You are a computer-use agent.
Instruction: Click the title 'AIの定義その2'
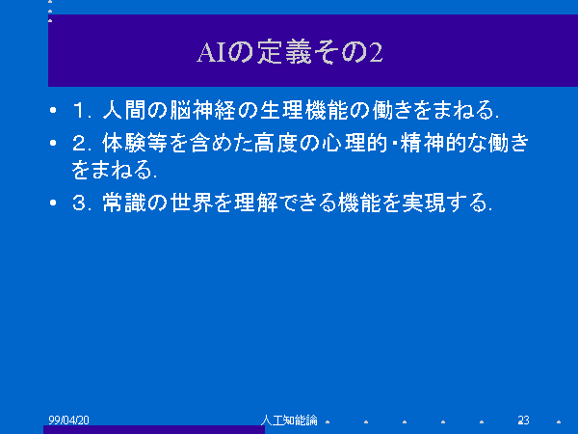[290, 52]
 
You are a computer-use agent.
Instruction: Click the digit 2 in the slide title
[376, 52]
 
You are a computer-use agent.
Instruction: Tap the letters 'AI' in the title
[212, 52]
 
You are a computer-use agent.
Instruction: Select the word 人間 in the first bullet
[124, 110]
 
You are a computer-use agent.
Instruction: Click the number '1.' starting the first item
[82, 110]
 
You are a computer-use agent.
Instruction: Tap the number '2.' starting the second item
[82, 143]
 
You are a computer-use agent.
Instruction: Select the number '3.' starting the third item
[82, 203]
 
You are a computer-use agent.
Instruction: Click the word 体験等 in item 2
[135, 143]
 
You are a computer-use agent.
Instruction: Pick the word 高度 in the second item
[276, 143]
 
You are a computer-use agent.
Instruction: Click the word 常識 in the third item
[124, 203]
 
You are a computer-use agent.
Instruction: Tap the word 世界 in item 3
[190, 203]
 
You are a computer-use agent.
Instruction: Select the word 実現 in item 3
[424, 203]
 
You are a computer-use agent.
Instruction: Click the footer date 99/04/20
[69, 420]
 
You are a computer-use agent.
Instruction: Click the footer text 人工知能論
[289, 420]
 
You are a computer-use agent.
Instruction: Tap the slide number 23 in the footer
[523, 420]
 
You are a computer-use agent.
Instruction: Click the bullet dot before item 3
[53, 203]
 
